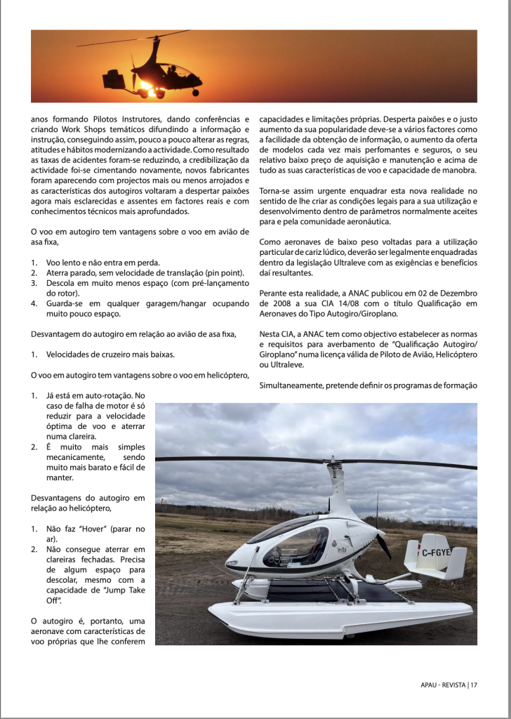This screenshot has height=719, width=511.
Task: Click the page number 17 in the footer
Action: [x=474, y=685]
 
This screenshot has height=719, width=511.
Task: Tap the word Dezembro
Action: [x=457, y=293]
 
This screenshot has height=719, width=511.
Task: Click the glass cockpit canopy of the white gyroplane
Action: [x=295, y=539]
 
